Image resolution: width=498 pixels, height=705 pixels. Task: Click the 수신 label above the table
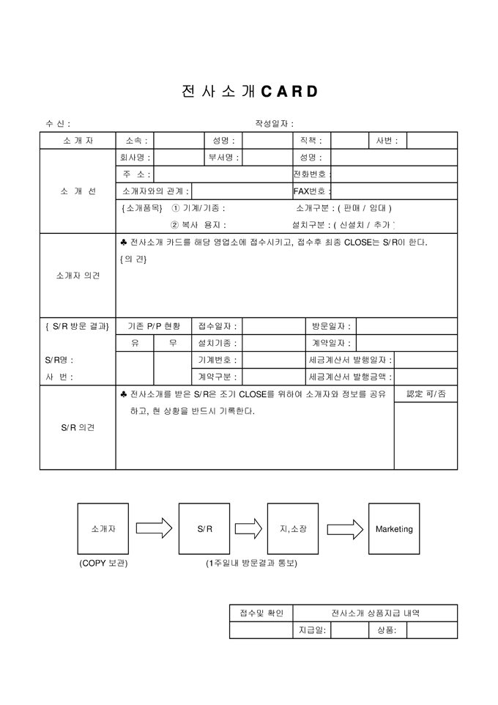pyautogui.click(x=58, y=124)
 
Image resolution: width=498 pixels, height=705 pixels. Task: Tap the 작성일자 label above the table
pyautogui.click(x=274, y=124)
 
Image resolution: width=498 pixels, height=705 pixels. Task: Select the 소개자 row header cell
pyautogui.click(x=78, y=141)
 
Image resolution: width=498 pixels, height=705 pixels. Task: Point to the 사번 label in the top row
pyautogui.click(x=387, y=141)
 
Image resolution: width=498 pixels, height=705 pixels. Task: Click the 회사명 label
pyautogui.click(x=135, y=158)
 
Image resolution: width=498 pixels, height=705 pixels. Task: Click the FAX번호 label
pyautogui.click(x=311, y=191)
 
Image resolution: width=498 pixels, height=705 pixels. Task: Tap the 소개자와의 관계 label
pyautogui.click(x=156, y=191)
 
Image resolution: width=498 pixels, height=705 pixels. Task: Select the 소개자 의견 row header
pyautogui.click(x=78, y=276)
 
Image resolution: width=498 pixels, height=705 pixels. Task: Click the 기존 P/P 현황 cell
pyautogui.click(x=153, y=326)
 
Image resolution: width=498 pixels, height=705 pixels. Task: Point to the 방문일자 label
pyautogui.click(x=331, y=326)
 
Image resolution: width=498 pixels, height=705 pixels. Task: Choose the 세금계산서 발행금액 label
pyautogui.click(x=351, y=377)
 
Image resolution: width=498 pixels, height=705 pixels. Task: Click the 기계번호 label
pyautogui.click(x=218, y=360)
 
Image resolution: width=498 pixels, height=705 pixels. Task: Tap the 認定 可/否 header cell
pyautogui.click(x=425, y=394)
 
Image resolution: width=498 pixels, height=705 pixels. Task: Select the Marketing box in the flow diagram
pyautogui.click(x=394, y=528)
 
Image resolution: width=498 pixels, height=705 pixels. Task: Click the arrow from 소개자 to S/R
pyautogui.click(x=154, y=528)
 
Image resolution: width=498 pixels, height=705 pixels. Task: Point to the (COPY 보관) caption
pyautogui.click(x=103, y=564)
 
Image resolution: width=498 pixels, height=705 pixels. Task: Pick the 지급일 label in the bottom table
pyautogui.click(x=312, y=630)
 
